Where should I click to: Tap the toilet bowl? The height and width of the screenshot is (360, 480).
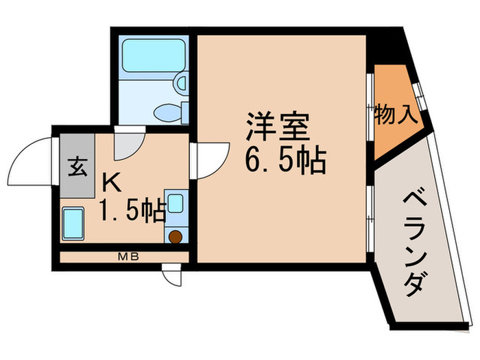coord(168,112)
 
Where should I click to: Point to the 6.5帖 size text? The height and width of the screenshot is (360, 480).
coord(283,162)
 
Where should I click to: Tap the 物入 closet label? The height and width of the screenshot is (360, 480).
coord(396,114)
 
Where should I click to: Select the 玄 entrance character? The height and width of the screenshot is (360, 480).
coord(77,167)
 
